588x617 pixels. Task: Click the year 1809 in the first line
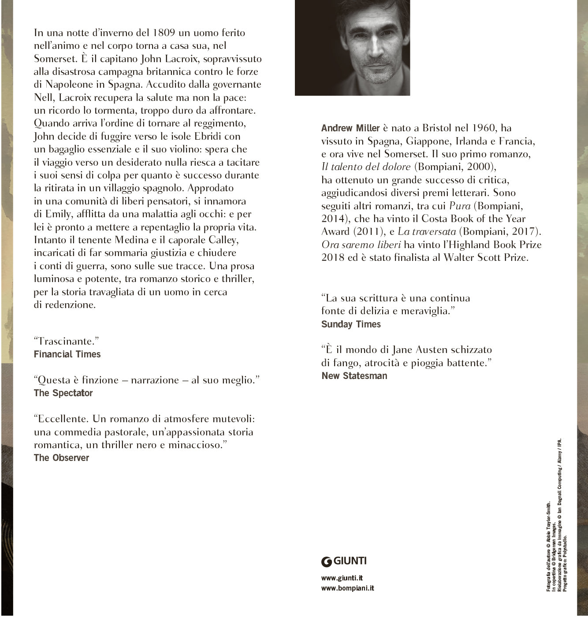click(164, 33)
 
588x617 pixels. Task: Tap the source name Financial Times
click(67, 354)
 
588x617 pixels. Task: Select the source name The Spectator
click(63, 393)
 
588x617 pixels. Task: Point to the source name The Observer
click(61, 458)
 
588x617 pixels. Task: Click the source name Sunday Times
click(351, 324)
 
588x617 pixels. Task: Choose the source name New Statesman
click(354, 376)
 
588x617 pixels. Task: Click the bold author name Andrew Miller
click(350, 128)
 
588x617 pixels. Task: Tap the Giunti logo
click(344, 561)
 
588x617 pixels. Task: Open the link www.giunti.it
click(342, 578)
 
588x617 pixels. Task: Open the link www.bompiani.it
click(348, 588)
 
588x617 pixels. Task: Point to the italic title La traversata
click(427, 231)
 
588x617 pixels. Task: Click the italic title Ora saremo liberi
click(361, 245)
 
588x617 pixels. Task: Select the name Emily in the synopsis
click(59, 214)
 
